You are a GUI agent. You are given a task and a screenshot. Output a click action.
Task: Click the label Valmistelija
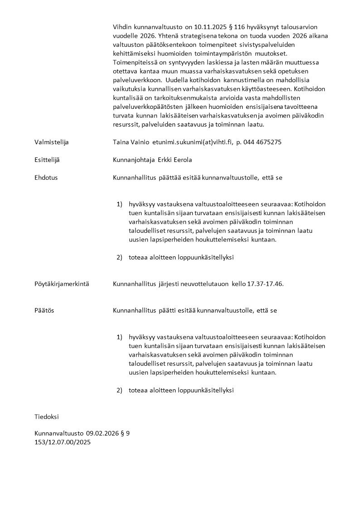point(51,142)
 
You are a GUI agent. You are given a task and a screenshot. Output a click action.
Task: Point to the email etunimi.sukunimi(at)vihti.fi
point(192,142)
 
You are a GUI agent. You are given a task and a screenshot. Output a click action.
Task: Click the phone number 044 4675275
point(263,142)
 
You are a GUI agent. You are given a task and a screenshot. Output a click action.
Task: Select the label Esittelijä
point(47,160)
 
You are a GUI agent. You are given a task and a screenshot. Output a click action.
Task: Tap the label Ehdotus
point(46,177)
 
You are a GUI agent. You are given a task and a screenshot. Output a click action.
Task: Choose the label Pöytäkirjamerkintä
point(62,284)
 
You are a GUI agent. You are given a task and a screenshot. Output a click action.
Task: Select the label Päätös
point(44,311)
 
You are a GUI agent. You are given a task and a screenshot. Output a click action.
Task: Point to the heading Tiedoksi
point(47,416)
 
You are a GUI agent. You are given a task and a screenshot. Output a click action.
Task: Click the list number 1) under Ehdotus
point(120,204)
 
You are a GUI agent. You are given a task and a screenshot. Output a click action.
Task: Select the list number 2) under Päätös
point(120,390)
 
